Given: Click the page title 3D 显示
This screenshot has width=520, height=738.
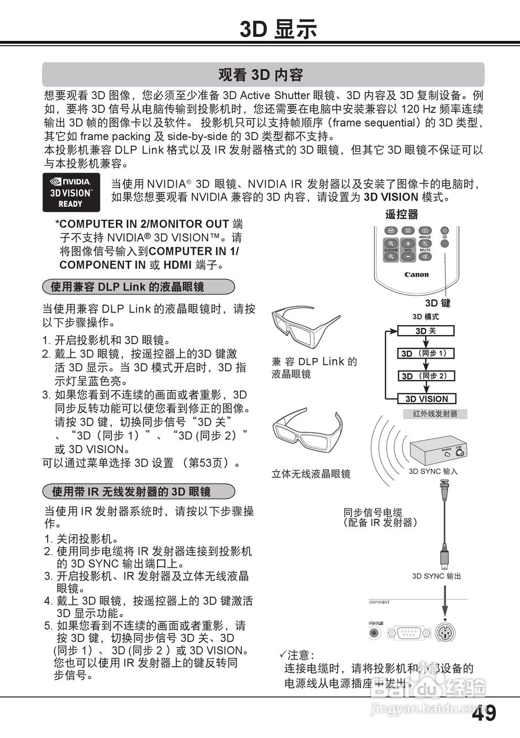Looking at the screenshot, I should point(278,28).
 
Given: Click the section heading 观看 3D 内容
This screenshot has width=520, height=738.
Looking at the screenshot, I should point(261,74).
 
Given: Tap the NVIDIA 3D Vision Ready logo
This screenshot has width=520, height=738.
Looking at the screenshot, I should point(71,192).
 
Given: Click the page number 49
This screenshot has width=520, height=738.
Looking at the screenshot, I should point(484,713).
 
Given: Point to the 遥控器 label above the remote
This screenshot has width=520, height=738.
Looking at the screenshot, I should point(401,214).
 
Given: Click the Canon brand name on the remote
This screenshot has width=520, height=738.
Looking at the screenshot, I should point(416,274).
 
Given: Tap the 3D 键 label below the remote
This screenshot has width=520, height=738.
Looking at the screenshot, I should point(438,303).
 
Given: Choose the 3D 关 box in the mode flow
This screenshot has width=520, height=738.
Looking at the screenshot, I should point(426,331).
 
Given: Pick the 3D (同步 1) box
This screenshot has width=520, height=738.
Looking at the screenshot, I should point(426,353).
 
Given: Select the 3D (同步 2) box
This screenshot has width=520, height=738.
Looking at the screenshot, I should point(426,376).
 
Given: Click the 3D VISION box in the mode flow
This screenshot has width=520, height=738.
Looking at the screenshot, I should point(426,398).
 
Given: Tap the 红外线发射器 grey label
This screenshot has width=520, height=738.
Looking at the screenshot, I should point(435,413).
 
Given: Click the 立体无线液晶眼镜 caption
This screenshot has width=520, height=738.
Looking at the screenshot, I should point(311,474).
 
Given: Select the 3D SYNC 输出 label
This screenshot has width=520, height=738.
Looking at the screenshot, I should point(436,576).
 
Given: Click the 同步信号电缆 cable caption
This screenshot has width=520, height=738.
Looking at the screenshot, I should point(380,517).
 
